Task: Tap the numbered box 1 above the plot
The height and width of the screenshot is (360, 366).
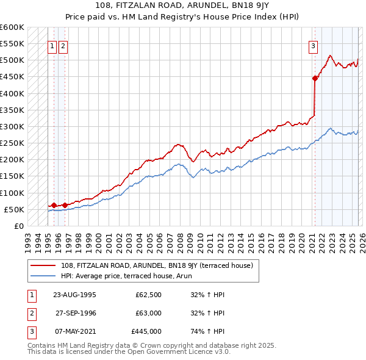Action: pyautogui.click(x=52, y=45)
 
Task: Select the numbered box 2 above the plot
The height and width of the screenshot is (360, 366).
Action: pyautogui.click(x=63, y=45)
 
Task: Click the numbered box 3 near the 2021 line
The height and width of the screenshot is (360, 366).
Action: pyautogui.click(x=313, y=45)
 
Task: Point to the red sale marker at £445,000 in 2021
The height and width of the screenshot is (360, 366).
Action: pyautogui.click(x=315, y=78)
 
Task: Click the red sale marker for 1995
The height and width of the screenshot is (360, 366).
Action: pyautogui.click(x=54, y=205)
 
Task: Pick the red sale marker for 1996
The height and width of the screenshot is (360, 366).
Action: pyautogui.click(x=65, y=205)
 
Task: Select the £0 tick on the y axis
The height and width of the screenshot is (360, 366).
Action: pyautogui.click(x=18, y=226)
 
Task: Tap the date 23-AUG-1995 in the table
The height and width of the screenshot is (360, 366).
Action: pyautogui.click(x=75, y=294)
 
